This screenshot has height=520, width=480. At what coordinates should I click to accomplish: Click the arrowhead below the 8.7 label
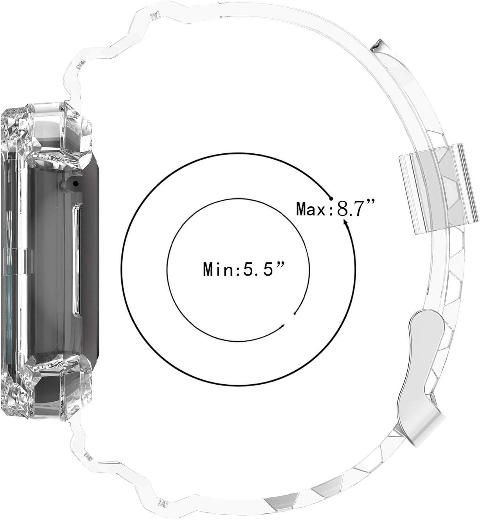pos(345,223)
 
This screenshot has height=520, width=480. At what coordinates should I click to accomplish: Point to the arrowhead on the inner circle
pos(282,326)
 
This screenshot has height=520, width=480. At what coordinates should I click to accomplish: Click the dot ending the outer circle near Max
pos(331,199)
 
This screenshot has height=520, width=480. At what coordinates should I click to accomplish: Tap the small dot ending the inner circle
pos(295,314)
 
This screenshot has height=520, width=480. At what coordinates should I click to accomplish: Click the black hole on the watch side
pos(76,183)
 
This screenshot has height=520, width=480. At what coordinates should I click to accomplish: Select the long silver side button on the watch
pos(76,261)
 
